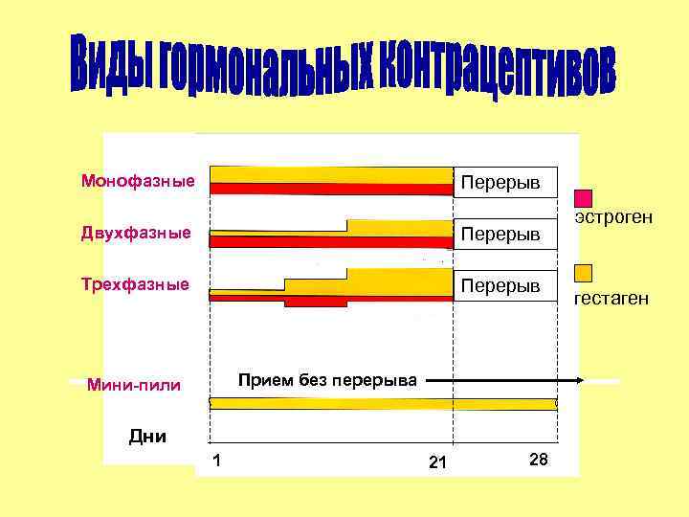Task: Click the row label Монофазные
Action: pyautogui.click(x=138, y=181)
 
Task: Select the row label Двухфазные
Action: pyautogui.click(x=136, y=233)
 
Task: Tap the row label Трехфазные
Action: pyautogui.click(x=135, y=284)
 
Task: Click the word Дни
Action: pyautogui.click(x=147, y=437)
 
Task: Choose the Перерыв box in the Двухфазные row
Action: pyautogui.click(x=504, y=234)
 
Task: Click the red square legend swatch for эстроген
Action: pyautogui.click(x=583, y=198)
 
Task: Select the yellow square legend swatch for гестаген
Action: pyautogui.click(x=583, y=273)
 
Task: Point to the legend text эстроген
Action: pyautogui.click(x=613, y=218)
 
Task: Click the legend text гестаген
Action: pyautogui.click(x=611, y=299)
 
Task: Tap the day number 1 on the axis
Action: pyautogui.click(x=218, y=461)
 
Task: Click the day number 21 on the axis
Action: pyautogui.click(x=437, y=463)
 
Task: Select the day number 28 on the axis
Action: pyautogui.click(x=538, y=461)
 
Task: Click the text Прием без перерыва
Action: pyautogui.click(x=326, y=380)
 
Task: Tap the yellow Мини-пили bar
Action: pyautogui.click(x=383, y=404)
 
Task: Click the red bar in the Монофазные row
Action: pyautogui.click(x=330, y=189)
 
